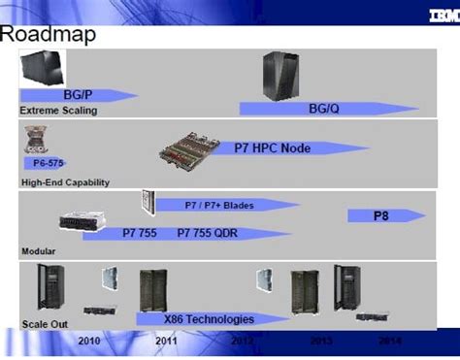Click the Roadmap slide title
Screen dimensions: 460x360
tap(48, 35)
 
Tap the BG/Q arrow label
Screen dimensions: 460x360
tap(325, 110)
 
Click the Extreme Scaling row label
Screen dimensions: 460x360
tap(59, 111)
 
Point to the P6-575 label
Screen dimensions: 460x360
tap(41, 164)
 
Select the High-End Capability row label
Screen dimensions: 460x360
tap(65, 181)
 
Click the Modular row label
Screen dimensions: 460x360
tap(40, 251)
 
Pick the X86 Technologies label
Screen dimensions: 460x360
tap(209, 318)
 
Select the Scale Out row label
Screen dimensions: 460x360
tap(44, 323)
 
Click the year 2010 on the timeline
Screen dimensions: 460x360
tap(88, 342)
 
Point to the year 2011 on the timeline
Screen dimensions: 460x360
tap(166, 342)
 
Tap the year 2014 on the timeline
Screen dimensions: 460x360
tap(389, 342)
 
